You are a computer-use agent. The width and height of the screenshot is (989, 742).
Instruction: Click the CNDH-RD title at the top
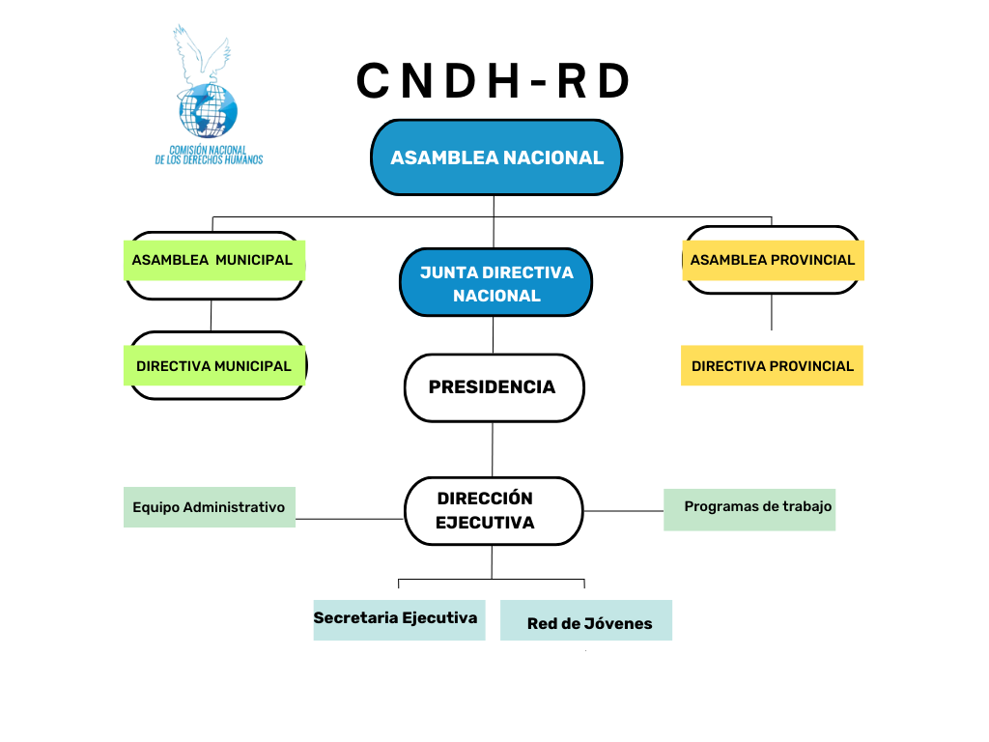(494, 81)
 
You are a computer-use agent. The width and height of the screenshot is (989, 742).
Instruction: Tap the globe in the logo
(208, 110)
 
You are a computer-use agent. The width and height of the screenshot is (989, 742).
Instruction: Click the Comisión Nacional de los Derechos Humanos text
(209, 155)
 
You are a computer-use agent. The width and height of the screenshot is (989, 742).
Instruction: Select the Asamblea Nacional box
(496, 157)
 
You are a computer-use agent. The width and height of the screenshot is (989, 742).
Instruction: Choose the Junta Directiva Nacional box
(496, 283)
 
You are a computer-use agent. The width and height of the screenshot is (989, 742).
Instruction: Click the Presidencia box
(494, 387)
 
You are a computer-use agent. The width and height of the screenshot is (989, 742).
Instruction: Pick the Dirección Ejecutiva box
(494, 511)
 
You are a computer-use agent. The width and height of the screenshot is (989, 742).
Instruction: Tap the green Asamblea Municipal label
(214, 260)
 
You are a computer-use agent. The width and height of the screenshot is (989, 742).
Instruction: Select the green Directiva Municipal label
(214, 366)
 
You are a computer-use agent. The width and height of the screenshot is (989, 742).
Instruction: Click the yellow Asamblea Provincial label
(773, 260)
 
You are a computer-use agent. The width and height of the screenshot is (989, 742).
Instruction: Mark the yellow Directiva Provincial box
(772, 366)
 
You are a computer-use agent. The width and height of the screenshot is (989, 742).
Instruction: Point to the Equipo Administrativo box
(210, 507)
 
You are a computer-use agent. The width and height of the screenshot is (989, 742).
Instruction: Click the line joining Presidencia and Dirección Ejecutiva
(493, 449)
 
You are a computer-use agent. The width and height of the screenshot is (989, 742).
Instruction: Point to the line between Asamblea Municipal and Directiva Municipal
(212, 316)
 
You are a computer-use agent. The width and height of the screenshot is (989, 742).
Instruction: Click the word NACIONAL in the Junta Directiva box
(496, 296)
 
